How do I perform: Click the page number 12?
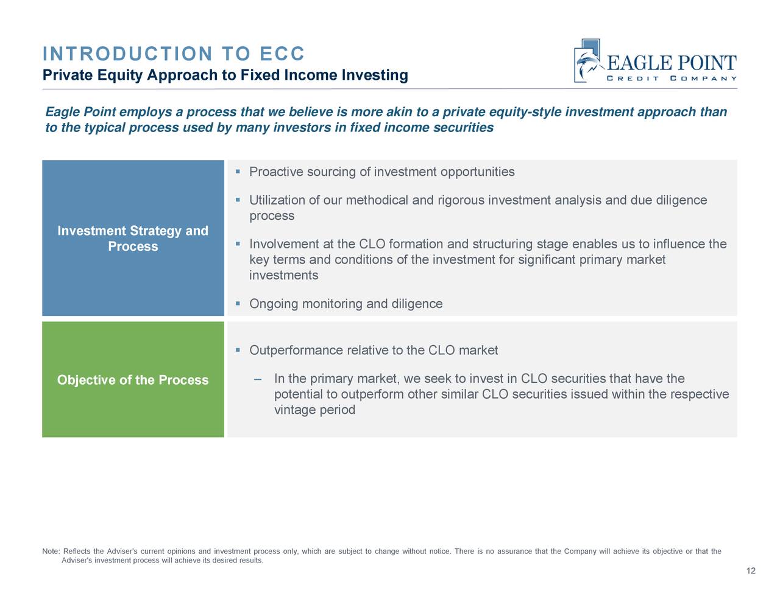click(751, 570)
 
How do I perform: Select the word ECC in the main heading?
click(282, 54)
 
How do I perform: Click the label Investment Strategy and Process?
click(133, 239)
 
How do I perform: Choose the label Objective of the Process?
click(133, 380)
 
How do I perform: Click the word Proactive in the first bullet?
click(276, 172)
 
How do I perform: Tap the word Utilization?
click(279, 200)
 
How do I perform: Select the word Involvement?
click(284, 244)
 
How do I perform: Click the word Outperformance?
click(296, 351)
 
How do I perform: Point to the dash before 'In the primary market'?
click(258, 379)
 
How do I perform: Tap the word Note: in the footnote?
click(51, 551)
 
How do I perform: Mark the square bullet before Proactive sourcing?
click(238, 172)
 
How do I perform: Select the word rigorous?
click(461, 200)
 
